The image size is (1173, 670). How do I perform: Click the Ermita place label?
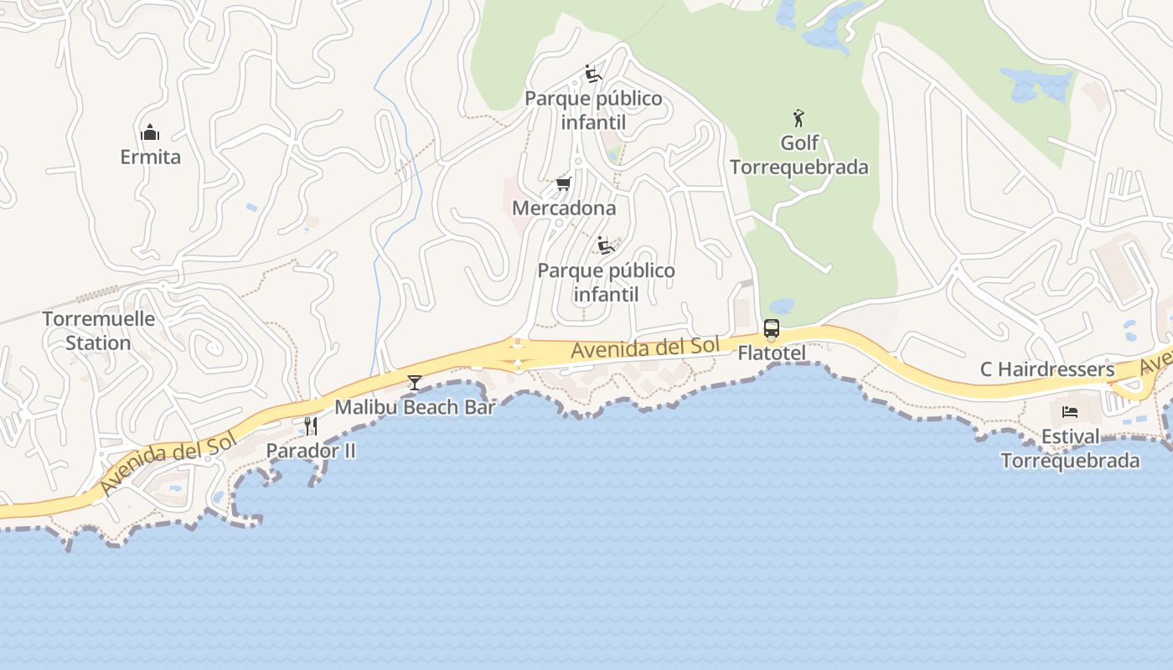150,157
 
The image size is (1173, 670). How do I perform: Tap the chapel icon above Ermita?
150,132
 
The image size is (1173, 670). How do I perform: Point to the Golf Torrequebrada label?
798,155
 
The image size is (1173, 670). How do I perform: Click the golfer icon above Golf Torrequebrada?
798,118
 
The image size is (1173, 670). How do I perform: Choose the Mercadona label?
564,208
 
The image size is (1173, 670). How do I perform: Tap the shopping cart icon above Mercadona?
564,183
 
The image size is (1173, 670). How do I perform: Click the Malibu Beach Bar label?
415,408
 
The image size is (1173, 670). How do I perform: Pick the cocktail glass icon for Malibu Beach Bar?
415,383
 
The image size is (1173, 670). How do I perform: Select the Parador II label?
311,451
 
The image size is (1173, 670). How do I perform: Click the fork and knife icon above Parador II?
311,425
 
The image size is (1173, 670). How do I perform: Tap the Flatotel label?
772,353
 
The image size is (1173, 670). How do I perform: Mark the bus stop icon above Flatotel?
772,328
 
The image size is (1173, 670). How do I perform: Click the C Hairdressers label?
1047,369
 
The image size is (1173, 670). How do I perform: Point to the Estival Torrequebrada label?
1070,449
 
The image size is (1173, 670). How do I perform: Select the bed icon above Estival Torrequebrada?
1070,411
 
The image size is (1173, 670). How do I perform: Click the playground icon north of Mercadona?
593,74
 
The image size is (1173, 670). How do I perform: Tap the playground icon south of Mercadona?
606,245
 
